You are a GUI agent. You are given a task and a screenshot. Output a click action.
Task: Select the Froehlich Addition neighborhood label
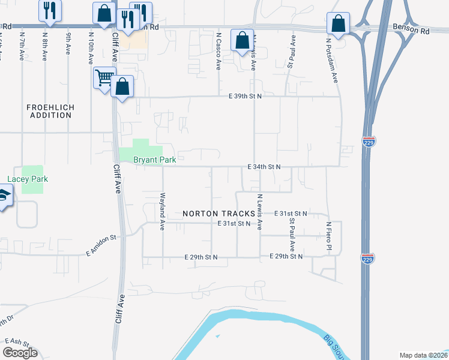click(50, 110)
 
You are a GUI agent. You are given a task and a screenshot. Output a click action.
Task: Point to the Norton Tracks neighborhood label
click(214, 214)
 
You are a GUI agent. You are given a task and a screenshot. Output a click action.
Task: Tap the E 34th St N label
click(265, 166)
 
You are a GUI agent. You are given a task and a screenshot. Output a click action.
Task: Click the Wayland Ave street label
click(162, 212)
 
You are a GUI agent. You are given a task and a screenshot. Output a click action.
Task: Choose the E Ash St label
click(19, 341)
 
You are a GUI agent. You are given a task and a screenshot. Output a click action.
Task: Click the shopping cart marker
click(104, 77)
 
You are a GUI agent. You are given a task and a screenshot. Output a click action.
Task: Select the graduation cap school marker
click(3, 196)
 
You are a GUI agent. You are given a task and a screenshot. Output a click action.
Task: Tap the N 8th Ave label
click(45, 47)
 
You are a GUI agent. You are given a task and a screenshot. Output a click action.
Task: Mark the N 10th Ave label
click(91, 49)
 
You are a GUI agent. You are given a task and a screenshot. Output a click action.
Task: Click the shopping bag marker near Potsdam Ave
click(339, 25)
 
